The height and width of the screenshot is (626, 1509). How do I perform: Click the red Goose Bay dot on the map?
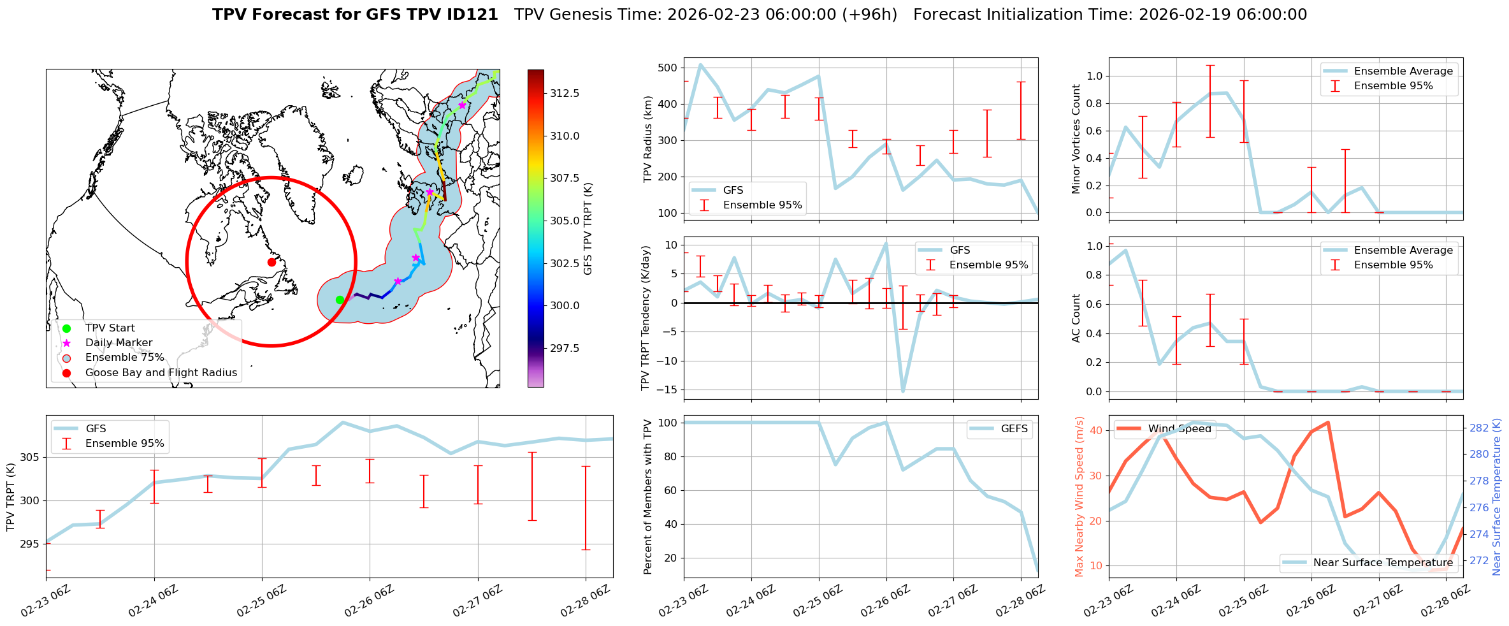(271, 262)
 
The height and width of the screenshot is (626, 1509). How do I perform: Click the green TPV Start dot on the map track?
(340, 300)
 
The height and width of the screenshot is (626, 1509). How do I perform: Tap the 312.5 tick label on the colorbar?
(565, 93)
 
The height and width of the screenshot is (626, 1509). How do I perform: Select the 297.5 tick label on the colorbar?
(565, 348)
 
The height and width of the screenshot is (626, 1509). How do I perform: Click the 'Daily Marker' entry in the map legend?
(119, 343)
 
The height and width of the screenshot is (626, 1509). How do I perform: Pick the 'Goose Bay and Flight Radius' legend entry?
(161, 373)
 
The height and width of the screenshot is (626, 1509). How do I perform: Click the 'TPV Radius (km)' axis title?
(648, 139)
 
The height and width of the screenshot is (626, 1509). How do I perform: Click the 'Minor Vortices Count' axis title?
(1076, 139)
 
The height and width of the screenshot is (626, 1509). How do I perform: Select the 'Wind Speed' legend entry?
(1179, 429)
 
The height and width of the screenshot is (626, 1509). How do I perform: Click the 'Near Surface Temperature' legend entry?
(1383, 562)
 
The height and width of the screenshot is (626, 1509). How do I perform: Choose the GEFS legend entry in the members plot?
(1014, 429)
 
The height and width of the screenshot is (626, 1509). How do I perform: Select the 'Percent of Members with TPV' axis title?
(648, 497)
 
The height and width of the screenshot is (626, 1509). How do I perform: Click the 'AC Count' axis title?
(1076, 318)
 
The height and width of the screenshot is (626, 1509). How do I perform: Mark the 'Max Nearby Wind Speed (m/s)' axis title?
(1079, 497)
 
